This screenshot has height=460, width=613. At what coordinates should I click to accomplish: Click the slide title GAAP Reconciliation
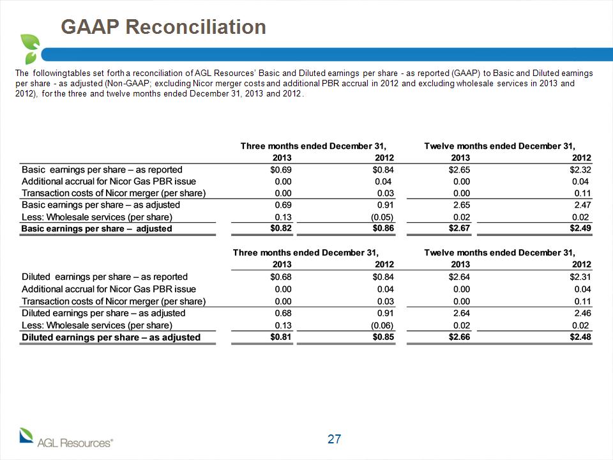(x=163, y=27)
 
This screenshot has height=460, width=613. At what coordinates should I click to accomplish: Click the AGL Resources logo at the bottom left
(x=66, y=438)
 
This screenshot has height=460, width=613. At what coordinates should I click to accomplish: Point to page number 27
(x=334, y=439)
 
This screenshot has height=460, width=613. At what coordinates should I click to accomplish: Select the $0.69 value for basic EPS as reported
(x=281, y=170)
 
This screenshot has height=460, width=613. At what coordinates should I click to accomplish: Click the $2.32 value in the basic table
(x=580, y=170)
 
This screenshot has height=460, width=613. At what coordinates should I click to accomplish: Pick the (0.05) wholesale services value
(x=382, y=217)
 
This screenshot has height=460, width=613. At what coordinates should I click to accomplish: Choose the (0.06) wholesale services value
(x=382, y=325)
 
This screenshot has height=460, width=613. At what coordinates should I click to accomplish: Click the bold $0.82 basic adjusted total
(x=281, y=228)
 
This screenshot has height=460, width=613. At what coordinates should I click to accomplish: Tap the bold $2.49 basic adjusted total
(x=580, y=228)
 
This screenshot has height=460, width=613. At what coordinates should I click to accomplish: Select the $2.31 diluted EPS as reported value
(x=580, y=277)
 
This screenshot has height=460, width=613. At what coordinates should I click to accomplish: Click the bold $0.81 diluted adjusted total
(x=281, y=337)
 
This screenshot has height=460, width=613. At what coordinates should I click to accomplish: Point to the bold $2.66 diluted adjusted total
(x=459, y=337)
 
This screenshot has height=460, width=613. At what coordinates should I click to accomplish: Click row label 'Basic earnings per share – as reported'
(x=102, y=170)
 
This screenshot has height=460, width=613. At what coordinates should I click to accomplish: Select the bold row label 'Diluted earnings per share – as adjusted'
(x=111, y=337)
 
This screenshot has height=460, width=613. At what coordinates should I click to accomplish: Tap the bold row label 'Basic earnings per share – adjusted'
(x=96, y=229)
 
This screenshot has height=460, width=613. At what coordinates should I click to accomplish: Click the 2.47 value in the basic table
(x=582, y=205)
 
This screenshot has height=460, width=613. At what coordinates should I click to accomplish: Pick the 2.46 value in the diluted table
(x=582, y=313)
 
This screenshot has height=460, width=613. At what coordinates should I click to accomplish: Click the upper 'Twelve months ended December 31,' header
(x=499, y=146)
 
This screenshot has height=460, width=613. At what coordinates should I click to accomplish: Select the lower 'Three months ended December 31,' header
(x=306, y=253)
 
